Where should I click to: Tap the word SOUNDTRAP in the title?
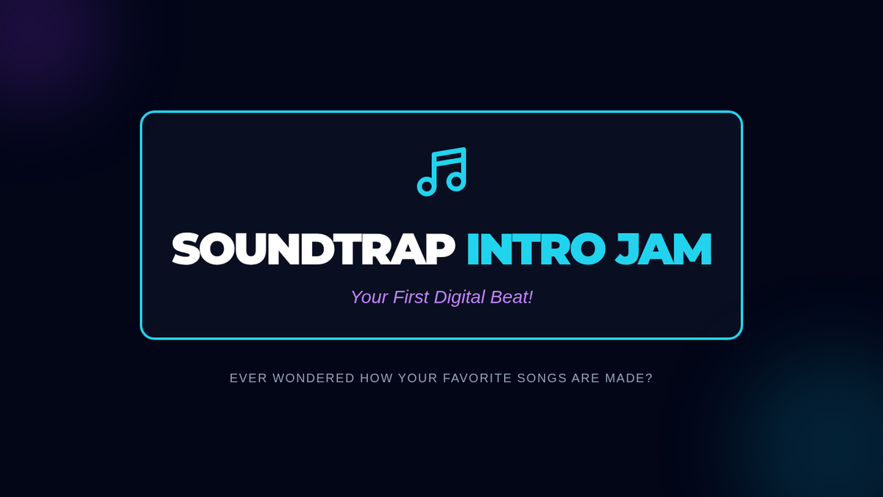click(x=313, y=250)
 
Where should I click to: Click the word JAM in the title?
click(x=664, y=250)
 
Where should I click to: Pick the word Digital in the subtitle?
click(x=459, y=297)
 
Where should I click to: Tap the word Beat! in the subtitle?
click(x=511, y=297)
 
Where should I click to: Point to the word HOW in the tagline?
click(x=377, y=378)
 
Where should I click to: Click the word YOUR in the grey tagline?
click(x=418, y=378)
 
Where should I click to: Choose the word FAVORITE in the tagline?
click(x=478, y=378)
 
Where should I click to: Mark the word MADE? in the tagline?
click(x=628, y=378)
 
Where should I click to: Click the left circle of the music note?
click(x=427, y=186)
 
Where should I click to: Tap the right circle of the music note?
click(x=456, y=181)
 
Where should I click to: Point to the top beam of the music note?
click(x=449, y=152)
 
